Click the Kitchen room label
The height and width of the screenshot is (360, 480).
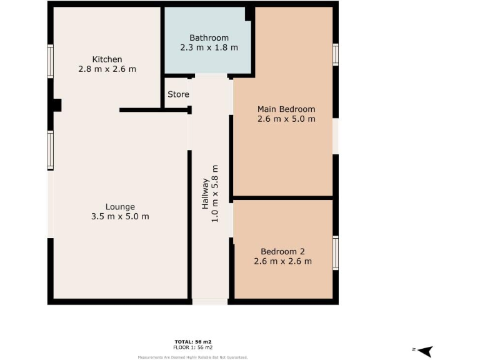(107, 59)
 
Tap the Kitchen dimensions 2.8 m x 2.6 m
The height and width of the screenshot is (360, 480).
(107, 69)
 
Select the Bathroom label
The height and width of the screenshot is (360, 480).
(209, 38)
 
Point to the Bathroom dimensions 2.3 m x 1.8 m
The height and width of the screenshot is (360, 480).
(209, 48)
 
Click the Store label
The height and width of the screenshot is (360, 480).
(178, 94)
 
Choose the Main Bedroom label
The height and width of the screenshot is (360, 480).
(286, 109)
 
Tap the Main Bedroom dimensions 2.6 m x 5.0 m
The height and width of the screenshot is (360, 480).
(286, 119)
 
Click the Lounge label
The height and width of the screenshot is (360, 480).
(120, 207)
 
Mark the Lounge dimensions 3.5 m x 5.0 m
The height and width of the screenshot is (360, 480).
(120, 217)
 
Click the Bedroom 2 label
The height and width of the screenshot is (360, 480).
(282, 251)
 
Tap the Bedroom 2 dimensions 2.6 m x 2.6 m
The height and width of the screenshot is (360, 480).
(282, 261)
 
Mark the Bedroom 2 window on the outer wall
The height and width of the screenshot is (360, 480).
(336, 253)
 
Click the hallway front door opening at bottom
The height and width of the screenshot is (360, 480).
(209, 302)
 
